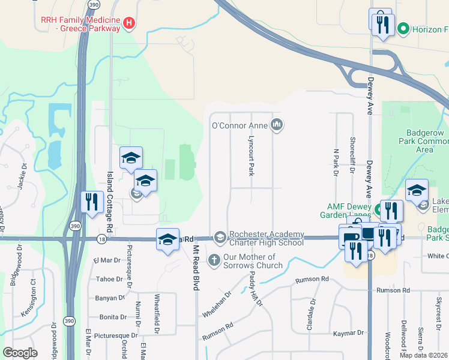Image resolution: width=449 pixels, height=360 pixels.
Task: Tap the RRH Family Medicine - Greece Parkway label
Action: click(x=80, y=24)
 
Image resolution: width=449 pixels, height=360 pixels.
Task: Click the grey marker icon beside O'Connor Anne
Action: click(x=277, y=125)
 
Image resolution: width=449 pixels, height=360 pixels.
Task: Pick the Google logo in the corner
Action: click(x=20, y=353)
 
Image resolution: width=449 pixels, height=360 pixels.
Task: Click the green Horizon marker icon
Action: click(x=404, y=28)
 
